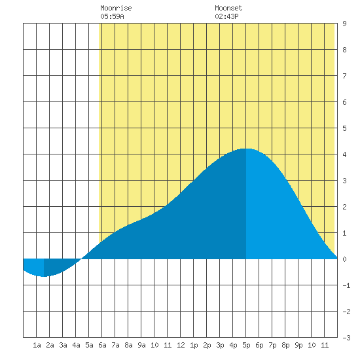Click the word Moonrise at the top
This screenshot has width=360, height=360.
coord(116,8)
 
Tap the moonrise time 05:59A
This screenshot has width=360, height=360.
coord(112,16)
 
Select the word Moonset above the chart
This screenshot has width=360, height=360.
coord(228,8)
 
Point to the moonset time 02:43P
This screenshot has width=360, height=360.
coord(226,16)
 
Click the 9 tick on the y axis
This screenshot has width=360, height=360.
coord(344,24)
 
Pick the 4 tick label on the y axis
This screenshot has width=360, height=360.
coord(344,154)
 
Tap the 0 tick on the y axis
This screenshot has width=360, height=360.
coord(344,259)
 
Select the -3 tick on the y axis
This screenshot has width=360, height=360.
coord(346,338)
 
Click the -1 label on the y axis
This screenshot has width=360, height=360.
coord(346,285)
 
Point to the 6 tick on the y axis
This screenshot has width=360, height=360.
coord(344,102)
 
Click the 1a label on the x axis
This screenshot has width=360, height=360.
coord(37,345)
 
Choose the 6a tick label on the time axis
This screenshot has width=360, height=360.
coord(102,345)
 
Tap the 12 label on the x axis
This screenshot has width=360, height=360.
coord(181,345)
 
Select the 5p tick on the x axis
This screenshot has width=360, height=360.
coord(246,345)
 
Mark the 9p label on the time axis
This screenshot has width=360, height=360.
coord(298,345)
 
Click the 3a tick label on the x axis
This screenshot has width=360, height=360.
coord(63,345)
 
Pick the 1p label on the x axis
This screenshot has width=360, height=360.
coord(194,345)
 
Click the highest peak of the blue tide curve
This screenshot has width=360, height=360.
coord(246,149)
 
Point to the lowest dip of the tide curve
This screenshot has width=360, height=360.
coord(44,276)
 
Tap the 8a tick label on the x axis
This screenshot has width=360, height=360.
coord(128,345)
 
